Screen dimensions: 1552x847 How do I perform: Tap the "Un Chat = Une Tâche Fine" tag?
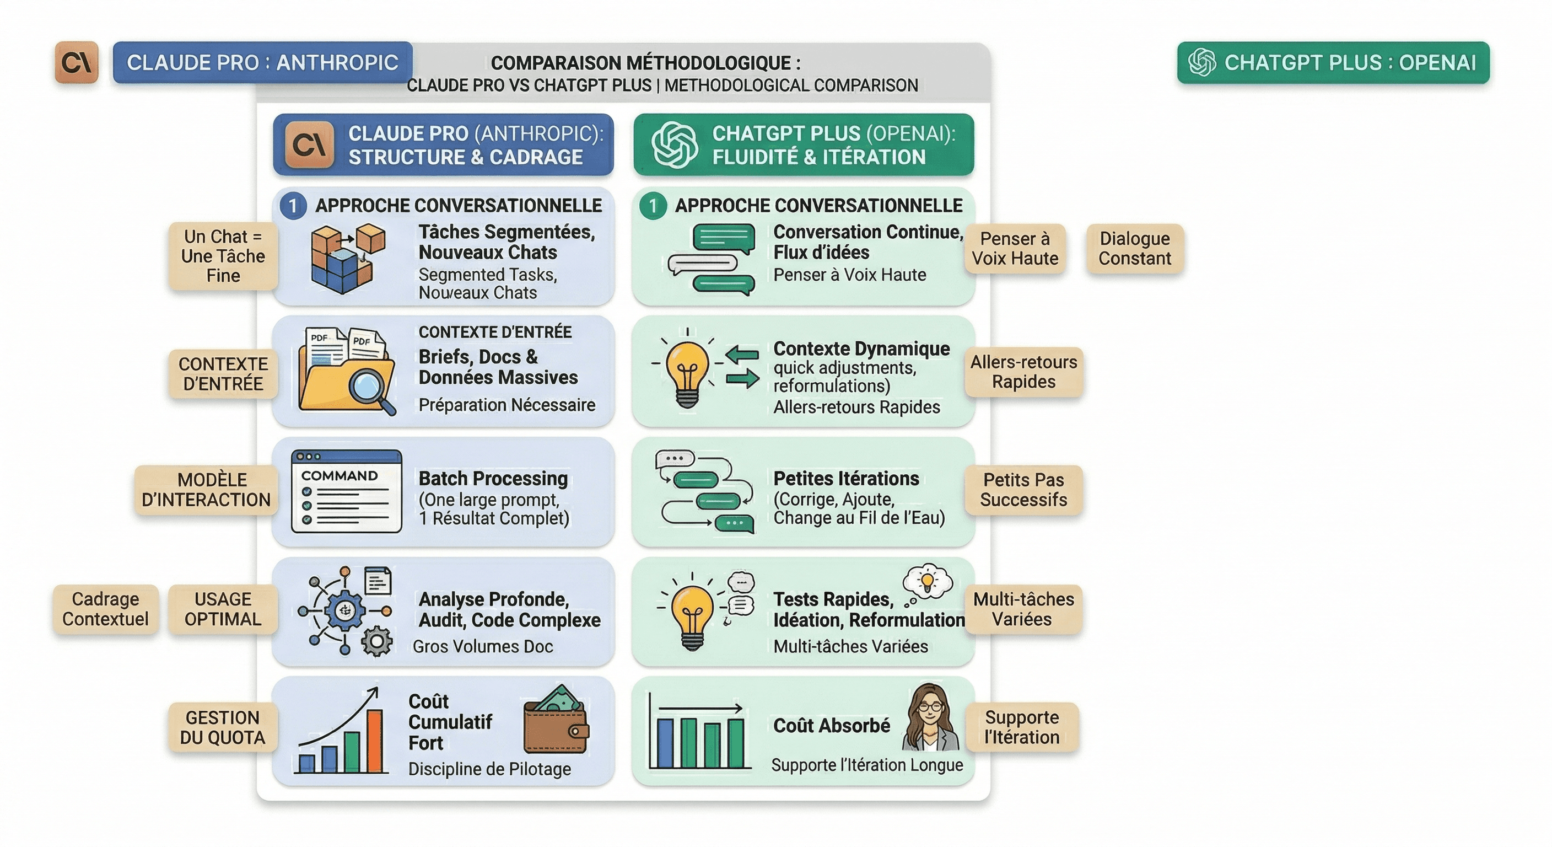click(x=223, y=256)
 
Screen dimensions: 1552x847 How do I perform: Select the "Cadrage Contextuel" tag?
click(x=105, y=609)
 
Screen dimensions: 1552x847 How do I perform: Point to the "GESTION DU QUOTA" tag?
click(x=222, y=727)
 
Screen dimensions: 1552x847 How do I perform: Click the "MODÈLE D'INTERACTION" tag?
click(x=206, y=490)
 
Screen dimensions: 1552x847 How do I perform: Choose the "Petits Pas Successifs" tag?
click(x=1023, y=490)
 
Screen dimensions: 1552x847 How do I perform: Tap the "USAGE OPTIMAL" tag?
click(x=222, y=609)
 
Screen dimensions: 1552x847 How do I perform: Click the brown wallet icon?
click(x=556, y=723)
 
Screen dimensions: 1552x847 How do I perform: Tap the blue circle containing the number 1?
click(x=293, y=206)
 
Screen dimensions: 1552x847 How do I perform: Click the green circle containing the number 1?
click(x=653, y=206)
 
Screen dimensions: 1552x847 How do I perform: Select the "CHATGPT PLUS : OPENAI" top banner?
click(x=1333, y=63)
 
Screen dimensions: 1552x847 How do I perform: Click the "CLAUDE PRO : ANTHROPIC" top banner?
click(x=263, y=63)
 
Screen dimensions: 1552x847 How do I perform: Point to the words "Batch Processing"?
click(x=493, y=479)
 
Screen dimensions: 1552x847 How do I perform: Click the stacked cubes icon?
click(x=347, y=258)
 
